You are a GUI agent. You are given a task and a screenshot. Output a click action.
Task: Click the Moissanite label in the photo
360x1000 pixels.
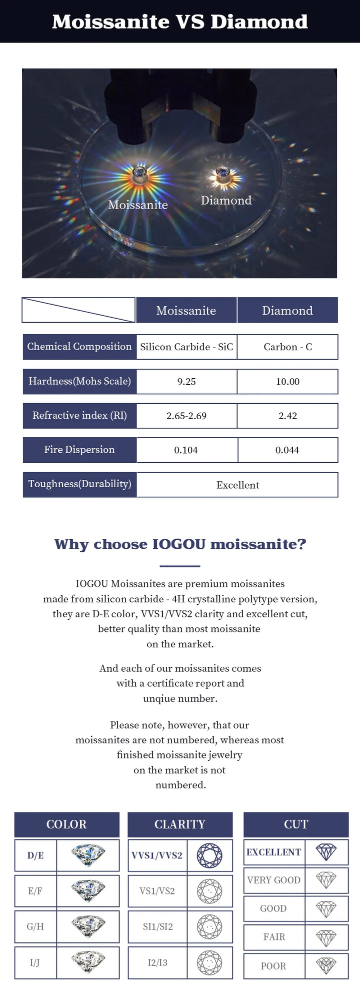coord(138,205)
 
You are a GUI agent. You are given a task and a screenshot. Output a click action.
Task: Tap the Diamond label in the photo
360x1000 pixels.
coord(226,200)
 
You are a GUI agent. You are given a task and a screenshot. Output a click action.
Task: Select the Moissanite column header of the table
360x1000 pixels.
coord(186,310)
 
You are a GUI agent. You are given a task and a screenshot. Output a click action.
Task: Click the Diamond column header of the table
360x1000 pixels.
coord(287,310)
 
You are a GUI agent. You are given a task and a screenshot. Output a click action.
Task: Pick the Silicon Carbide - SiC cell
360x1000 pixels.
coord(186,347)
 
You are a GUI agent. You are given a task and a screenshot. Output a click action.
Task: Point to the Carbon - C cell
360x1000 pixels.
coord(287,347)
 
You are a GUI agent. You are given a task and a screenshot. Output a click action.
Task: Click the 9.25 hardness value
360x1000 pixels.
coord(186,382)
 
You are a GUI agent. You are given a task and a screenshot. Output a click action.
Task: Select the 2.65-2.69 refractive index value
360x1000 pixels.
coord(186,416)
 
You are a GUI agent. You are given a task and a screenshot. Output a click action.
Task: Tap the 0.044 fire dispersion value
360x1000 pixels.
coord(287,450)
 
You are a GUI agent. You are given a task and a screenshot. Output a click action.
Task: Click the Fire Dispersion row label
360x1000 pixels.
coord(79,450)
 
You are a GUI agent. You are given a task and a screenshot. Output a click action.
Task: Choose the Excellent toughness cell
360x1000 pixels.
coord(237,485)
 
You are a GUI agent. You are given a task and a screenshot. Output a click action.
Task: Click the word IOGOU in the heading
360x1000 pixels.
coord(179,544)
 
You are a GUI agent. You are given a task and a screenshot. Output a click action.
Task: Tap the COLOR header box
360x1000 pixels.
coord(66,824)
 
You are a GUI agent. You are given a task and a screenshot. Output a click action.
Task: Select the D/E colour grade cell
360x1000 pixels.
coord(35,855)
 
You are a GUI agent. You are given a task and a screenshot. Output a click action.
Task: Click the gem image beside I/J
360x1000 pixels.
coord(88,962)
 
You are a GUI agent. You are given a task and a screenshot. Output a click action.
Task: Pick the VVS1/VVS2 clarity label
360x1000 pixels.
coord(157,855)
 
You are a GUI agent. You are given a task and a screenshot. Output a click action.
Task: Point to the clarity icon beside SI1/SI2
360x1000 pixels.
coord(209,926)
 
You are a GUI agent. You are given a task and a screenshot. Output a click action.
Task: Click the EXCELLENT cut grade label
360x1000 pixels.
coord(274,852)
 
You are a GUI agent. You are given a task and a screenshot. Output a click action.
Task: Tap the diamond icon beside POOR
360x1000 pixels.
coord(326,966)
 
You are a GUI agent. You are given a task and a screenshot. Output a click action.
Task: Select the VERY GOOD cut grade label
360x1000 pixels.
coord(274,880)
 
